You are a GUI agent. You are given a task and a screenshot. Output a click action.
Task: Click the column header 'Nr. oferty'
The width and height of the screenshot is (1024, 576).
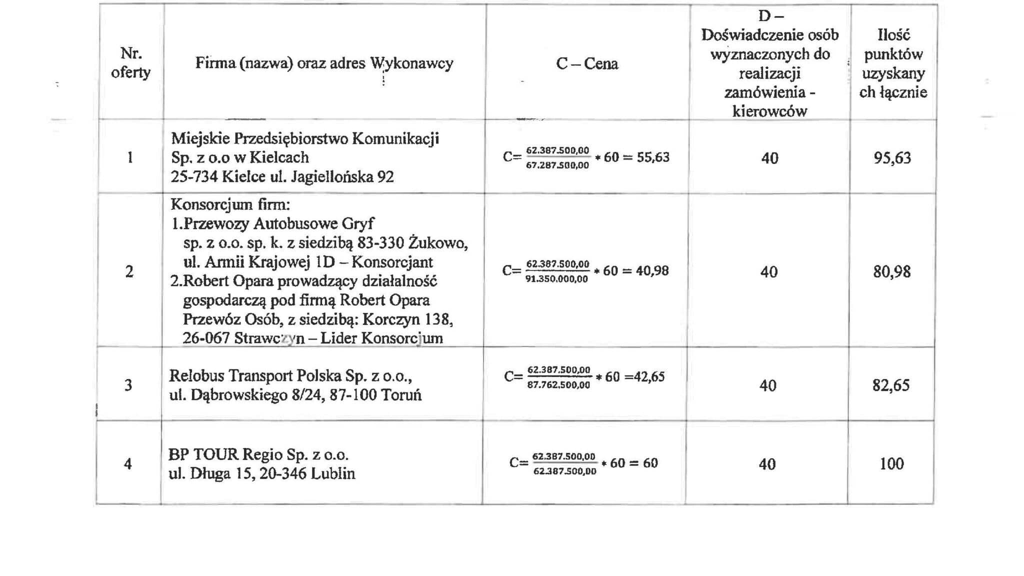click(130, 62)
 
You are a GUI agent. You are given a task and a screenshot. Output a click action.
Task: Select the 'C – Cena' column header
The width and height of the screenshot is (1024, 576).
click(587, 63)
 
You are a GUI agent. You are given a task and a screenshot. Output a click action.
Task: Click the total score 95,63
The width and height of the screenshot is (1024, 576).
click(892, 157)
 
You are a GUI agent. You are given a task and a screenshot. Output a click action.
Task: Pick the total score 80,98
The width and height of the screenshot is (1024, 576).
click(892, 271)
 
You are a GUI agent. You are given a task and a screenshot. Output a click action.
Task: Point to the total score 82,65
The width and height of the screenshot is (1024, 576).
click(891, 385)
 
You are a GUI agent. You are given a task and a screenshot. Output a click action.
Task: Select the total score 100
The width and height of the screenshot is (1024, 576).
click(892, 463)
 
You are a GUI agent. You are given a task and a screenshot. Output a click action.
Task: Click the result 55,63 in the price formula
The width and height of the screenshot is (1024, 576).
click(653, 157)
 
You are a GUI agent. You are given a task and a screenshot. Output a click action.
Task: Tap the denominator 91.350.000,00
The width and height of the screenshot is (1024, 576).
click(556, 279)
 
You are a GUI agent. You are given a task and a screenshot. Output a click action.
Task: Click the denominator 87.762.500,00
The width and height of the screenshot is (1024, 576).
click(558, 385)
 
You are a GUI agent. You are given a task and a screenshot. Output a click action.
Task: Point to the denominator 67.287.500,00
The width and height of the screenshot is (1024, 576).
click(557, 165)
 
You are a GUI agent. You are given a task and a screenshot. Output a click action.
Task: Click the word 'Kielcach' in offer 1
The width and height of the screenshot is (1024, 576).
click(279, 157)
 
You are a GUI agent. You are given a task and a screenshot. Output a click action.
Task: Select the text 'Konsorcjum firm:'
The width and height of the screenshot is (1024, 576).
click(230, 204)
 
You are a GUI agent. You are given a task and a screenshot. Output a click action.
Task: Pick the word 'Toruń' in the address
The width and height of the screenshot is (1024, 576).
click(401, 395)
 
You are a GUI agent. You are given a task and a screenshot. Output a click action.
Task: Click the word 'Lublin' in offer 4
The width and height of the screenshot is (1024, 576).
click(333, 473)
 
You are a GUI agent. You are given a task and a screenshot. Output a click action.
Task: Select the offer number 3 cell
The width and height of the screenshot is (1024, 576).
click(128, 385)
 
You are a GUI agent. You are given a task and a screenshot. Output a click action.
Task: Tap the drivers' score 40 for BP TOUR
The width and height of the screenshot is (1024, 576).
click(767, 464)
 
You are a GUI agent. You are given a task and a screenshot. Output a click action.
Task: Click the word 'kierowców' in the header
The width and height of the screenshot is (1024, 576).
click(769, 111)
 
